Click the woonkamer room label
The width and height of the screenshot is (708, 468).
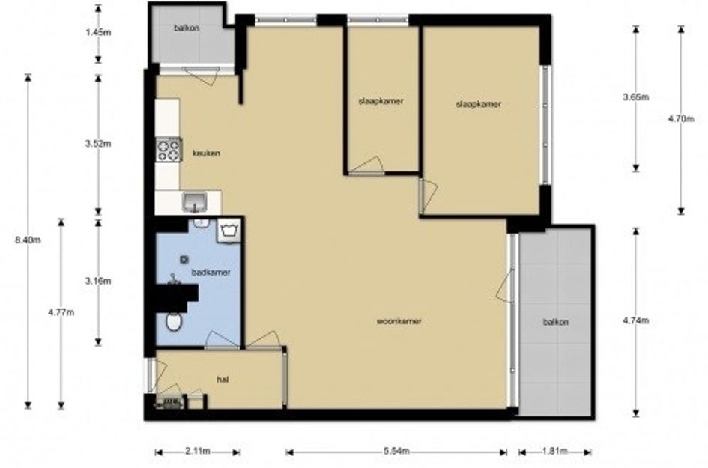399,321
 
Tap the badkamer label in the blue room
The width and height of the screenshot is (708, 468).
211,272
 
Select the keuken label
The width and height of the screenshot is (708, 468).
206,153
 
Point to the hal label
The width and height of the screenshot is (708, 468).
223,380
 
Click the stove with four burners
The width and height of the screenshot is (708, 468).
169,150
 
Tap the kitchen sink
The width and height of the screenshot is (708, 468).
195,202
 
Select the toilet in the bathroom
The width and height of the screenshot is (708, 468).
173,322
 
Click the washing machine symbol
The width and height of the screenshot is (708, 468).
229,231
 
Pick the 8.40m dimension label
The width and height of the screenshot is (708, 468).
28,240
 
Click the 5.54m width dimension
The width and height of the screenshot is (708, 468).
396,451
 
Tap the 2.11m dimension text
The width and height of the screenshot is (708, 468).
197,451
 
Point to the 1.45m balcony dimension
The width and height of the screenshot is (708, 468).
98,32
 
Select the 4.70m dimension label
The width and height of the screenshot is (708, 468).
681,119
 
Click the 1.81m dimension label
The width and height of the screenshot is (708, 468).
554,451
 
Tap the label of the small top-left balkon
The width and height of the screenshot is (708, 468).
187,28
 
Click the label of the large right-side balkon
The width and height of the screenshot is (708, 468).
555,322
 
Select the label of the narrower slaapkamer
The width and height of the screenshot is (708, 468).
381,101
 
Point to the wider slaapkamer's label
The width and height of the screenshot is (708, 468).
479,104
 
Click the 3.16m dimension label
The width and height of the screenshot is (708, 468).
98,281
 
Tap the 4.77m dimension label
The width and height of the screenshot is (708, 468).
61,312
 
